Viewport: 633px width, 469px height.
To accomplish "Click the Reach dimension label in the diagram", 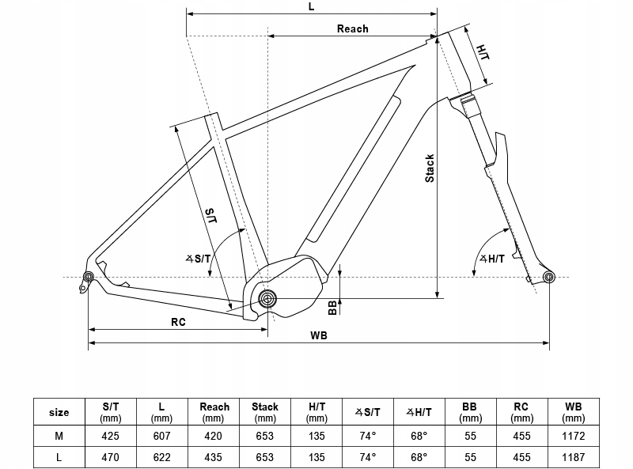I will point(352,28).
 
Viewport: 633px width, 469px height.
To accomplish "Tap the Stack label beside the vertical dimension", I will point(430,168).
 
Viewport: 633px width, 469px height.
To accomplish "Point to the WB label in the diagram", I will point(319,335).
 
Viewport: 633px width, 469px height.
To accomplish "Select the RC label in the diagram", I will point(178,322).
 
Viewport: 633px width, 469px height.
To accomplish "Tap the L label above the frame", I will point(312,6).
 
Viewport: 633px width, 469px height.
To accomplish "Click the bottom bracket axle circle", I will point(267,299).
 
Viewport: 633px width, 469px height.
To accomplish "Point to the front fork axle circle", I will point(548,276).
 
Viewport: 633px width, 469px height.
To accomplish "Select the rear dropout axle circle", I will point(88,276).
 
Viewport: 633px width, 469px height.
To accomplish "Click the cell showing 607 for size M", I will point(161,435).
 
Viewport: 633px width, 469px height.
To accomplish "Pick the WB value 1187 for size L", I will point(573,457).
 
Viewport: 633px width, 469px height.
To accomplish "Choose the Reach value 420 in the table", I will point(214,435).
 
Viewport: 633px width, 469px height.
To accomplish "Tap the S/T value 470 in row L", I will point(111,457).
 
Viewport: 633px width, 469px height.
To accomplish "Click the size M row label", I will point(59,435).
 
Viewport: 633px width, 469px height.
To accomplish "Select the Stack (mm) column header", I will point(265,411).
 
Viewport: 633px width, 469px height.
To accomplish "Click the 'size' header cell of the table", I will point(59,412).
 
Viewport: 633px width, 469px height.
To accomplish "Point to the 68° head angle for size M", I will point(419,435).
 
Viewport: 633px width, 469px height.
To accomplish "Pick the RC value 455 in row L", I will point(521,457).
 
